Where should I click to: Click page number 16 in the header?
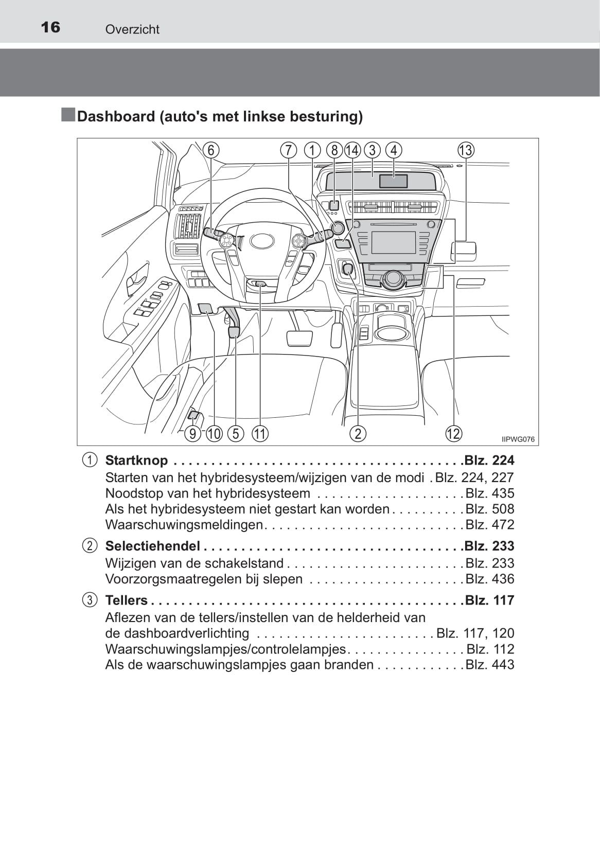(x=50, y=27)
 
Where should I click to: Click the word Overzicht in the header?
(x=132, y=30)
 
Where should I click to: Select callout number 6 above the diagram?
(x=211, y=150)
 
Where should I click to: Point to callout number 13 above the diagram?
(x=465, y=150)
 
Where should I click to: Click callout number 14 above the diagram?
(x=352, y=150)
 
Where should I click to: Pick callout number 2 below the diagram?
(x=358, y=434)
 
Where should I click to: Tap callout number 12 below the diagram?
(x=453, y=434)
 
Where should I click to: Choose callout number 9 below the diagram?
(x=193, y=434)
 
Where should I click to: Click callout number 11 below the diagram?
(x=260, y=434)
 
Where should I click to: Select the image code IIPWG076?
(x=518, y=439)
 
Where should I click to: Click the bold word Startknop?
(x=136, y=460)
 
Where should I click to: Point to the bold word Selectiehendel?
(x=152, y=546)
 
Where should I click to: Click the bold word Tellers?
(x=126, y=600)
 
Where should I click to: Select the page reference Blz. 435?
(x=489, y=493)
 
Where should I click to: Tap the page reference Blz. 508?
(x=489, y=509)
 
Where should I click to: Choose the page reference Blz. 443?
(x=489, y=665)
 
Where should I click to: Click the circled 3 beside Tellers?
(x=90, y=600)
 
